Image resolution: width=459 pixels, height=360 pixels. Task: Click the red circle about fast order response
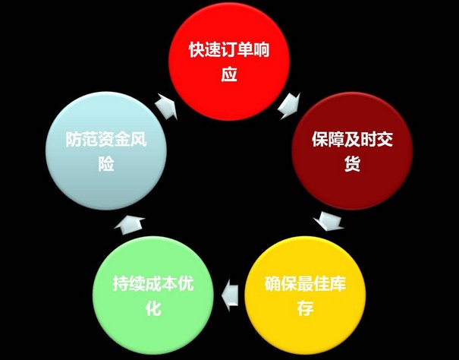(x=230, y=62)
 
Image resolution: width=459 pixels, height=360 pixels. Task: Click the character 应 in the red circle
(x=230, y=75)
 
